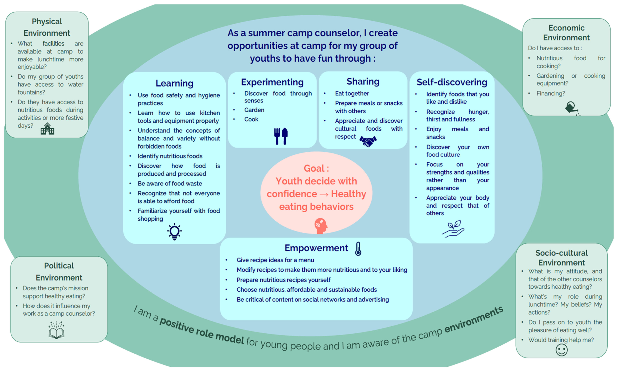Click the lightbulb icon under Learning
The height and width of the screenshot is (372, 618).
(174, 231)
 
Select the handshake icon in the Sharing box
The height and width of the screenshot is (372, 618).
(368, 141)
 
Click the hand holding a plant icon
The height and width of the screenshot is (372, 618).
(453, 229)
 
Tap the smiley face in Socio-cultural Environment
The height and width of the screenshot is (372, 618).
(561, 350)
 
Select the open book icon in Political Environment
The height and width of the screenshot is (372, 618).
(56, 330)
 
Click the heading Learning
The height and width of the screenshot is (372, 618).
(174, 83)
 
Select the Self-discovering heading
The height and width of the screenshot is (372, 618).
(452, 82)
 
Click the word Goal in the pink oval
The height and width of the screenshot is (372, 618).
(314, 168)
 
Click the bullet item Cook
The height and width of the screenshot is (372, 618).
(251, 119)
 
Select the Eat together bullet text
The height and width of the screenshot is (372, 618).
(352, 94)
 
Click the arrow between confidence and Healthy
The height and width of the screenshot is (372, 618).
(324, 194)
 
